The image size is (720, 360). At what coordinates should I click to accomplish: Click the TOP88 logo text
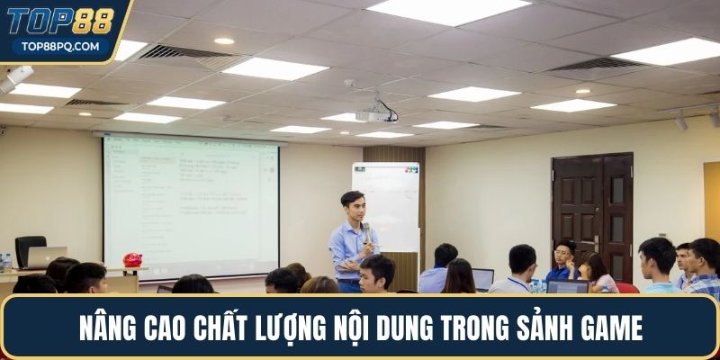pos(62,21)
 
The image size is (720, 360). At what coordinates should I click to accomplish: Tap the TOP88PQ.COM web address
pos(61,46)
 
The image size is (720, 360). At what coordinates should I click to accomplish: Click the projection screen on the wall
pos(191,205)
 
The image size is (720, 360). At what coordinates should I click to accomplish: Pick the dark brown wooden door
pos(592,216)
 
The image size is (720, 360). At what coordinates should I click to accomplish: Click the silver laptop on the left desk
pos(46,257)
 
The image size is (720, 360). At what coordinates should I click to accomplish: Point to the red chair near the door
pos(626,287)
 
